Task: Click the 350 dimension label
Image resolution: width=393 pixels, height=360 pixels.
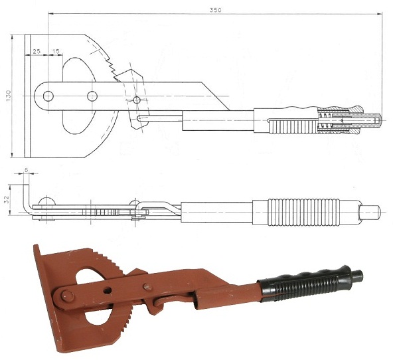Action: tap(216, 10)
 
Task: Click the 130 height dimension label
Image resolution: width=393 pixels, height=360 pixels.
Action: tap(9, 96)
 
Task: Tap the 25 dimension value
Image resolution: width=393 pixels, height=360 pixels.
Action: tap(37, 51)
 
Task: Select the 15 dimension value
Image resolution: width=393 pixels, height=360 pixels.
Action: tap(56, 51)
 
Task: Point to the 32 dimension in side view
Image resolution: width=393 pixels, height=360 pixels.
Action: tap(7, 199)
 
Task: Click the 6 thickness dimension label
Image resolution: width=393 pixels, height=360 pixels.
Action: tap(26, 170)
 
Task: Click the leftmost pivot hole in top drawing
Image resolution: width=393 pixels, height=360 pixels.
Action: tap(48, 96)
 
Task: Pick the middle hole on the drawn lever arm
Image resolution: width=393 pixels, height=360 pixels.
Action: tap(92, 96)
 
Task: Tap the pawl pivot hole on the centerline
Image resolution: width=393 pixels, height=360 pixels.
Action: tap(137, 100)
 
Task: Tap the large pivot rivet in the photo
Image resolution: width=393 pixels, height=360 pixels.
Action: tap(68, 296)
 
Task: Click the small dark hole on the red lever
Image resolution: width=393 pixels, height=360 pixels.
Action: tap(108, 290)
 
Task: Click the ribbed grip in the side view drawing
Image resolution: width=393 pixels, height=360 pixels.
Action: tap(303, 213)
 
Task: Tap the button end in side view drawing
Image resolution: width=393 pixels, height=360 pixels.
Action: tap(370, 212)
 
